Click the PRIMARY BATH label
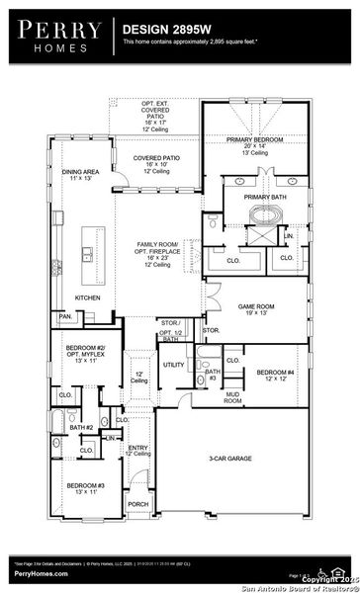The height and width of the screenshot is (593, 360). [264, 197]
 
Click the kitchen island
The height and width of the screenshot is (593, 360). [93, 246]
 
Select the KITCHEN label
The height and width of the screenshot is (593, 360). [89, 296]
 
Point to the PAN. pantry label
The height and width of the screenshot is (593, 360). [65, 316]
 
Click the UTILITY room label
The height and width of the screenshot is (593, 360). [174, 365]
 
